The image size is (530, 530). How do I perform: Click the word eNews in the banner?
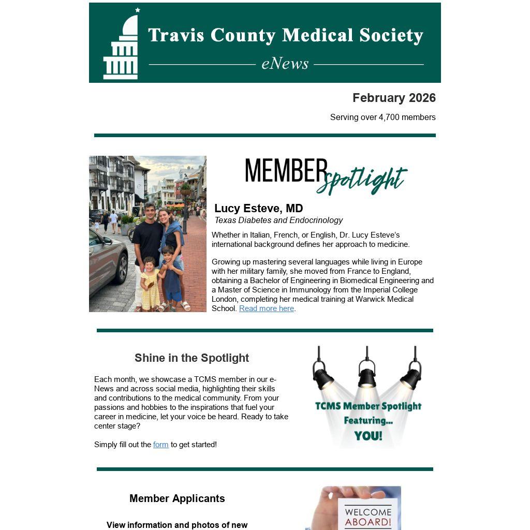pyautogui.click(x=285, y=64)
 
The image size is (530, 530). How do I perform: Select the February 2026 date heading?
pyautogui.click(x=394, y=98)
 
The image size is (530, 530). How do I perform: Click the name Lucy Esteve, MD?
pyautogui.click(x=258, y=209)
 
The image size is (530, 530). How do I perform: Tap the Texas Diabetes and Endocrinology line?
pyautogui.click(x=278, y=220)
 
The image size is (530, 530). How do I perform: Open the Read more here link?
pyautogui.click(x=267, y=308)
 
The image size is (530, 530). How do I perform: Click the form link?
pyautogui.click(x=160, y=445)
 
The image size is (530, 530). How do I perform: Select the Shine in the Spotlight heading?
pyautogui.click(x=192, y=358)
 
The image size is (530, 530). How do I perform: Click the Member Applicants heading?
pyautogui.click(x=177, y=498)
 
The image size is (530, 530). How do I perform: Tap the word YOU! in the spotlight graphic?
pyautogui.click(x=368, y=436)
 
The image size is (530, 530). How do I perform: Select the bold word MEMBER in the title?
pyautogui.click(x=286, y=171)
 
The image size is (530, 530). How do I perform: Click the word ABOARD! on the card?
pyautogui.click(x=368, y=522)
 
